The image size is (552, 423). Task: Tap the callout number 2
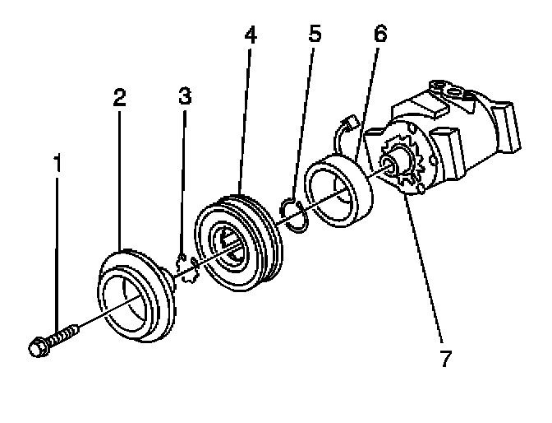(120, 97)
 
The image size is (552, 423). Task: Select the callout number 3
(185, 96)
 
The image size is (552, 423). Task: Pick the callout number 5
(315, 36)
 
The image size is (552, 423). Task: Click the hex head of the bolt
(38, 346)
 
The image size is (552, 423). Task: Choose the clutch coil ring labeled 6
(338, 193)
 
